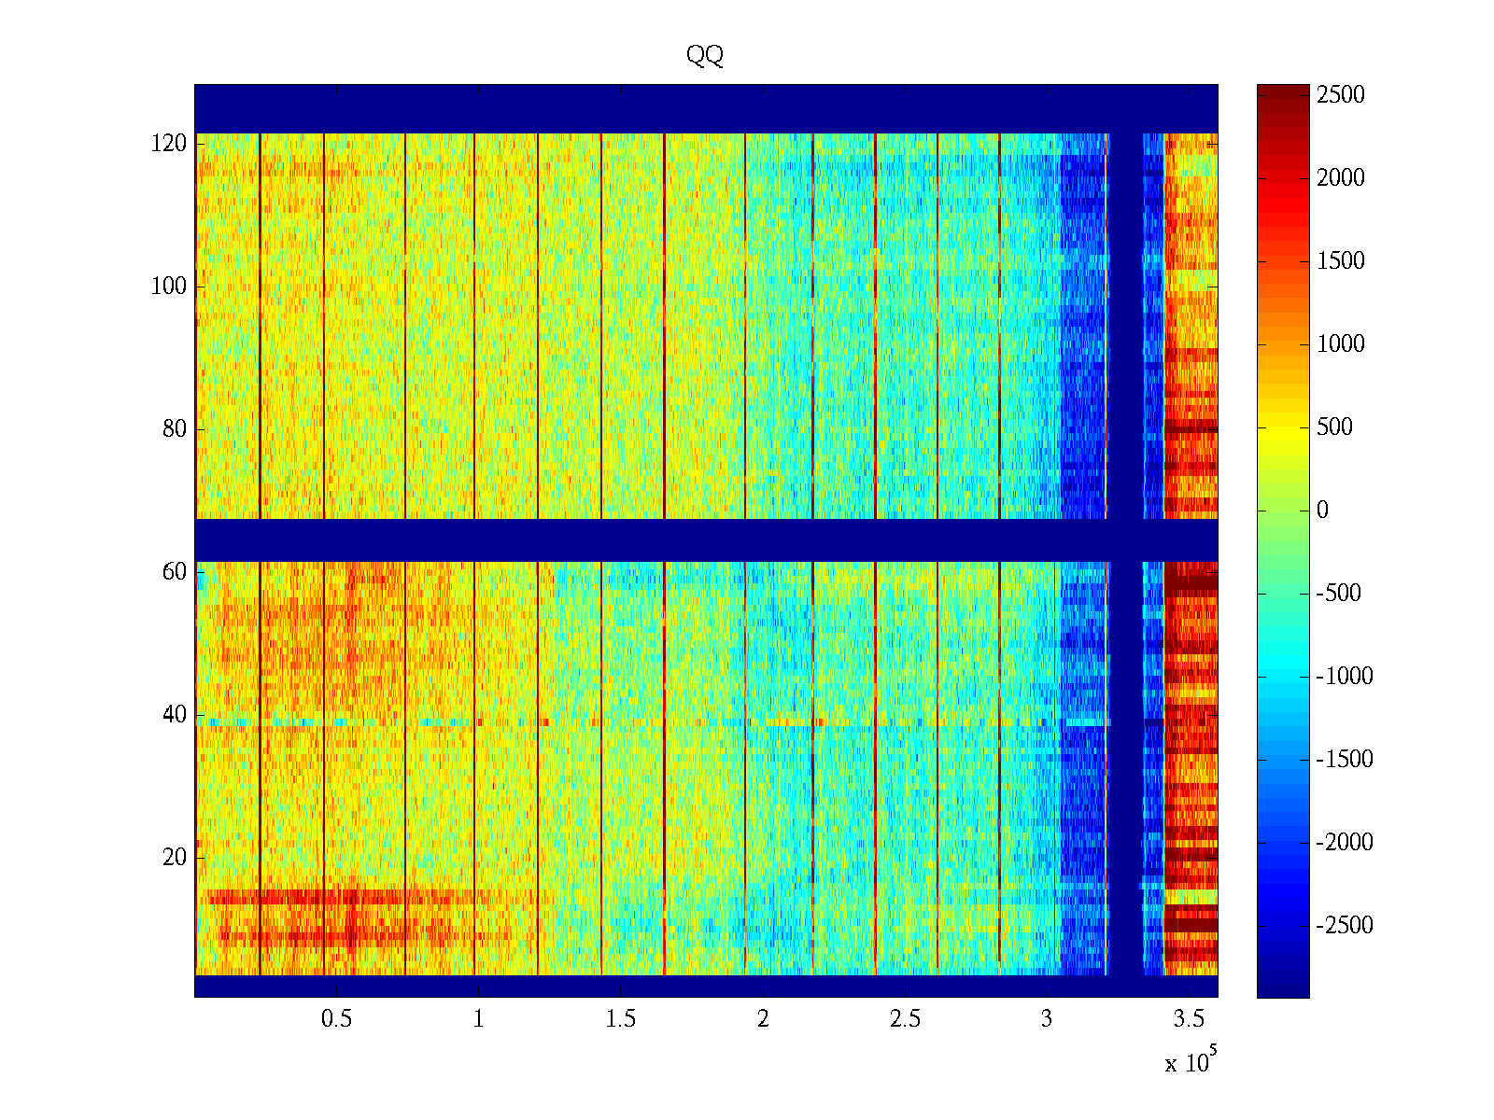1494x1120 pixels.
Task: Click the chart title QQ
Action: point(705,56)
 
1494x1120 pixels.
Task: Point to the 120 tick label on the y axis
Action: point(169,144)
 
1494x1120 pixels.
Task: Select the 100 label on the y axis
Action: point(169,287)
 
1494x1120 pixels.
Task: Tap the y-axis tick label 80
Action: point(175,429)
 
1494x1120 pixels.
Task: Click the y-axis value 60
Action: point(175,572)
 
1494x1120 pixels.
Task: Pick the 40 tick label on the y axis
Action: point(175,715)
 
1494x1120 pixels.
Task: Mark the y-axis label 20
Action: point(175,858)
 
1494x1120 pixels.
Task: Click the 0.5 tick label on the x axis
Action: point(336,1019)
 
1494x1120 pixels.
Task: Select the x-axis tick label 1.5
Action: point(621,1019)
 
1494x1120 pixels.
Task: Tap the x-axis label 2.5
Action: point(905,1019)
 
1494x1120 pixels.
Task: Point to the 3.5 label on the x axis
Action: point(1189,1019)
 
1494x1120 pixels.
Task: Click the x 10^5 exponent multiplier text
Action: point(1191,1061)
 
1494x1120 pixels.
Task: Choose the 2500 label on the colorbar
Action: point(1341,95)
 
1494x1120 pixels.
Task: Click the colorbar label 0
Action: point(1322,511)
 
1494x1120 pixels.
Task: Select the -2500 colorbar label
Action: point(1345,926)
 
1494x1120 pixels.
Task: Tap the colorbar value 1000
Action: point(1341,344)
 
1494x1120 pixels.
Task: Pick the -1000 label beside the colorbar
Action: point(1345,677)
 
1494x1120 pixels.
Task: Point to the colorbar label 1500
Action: point(1341,261)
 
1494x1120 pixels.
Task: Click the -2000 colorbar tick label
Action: point(1345,843)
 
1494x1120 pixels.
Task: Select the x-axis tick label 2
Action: point(763,1019)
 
